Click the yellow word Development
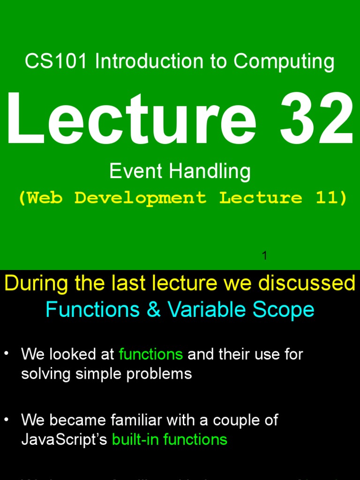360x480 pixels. (x=140, y=198)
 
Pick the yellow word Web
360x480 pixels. (x=44, y=198)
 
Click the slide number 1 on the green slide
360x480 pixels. (x=264, y=255)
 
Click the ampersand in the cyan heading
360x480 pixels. (x=153, y=310)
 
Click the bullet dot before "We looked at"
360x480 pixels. (x=7, y=353)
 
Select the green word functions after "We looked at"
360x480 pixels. (x=150, y=354)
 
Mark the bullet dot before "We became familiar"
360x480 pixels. (x=7, y=419)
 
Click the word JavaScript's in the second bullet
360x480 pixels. (x=64, y=440)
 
